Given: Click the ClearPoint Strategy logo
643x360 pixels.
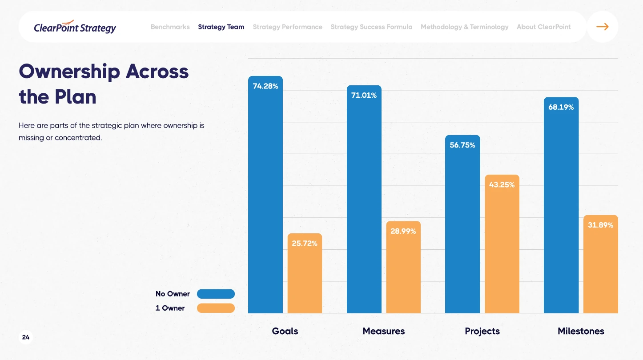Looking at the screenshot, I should tap(75, 27).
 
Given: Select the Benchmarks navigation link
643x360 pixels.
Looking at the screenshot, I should tap(170, 27).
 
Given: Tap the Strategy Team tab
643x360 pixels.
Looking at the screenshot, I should tap(221, 27).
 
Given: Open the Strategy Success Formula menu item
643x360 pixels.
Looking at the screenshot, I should tap(371, 27).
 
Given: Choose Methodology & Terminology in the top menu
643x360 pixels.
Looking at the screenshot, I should tap(464, 27).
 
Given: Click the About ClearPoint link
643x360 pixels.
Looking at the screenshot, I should tap(543, 27).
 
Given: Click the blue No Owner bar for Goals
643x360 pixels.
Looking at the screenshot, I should tap(265, 200).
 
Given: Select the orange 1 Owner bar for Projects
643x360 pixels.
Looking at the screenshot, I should tap(502, 249).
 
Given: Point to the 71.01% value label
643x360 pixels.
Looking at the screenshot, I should tap(364, 96).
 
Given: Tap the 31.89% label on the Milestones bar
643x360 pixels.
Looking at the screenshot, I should tap(600, 225).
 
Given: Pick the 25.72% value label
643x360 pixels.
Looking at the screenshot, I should tap(305, 244).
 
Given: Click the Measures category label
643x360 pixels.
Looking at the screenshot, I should tap(383, 331).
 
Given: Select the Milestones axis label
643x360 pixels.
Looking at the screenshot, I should tap(581, 331).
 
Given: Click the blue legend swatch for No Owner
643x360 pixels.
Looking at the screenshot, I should tap(216, 294).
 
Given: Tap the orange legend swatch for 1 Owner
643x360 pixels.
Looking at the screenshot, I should tap(216, 308).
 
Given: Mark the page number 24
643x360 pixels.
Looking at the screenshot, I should tap(26, 338).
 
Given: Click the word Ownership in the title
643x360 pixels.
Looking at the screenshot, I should tap(69, 72).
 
